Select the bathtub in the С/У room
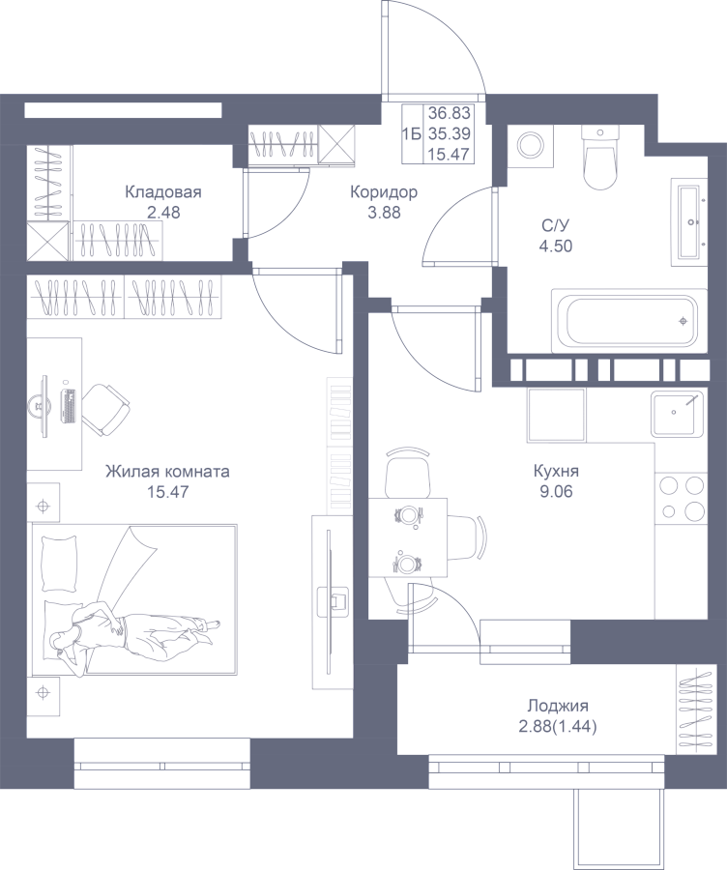(x=629, y=320)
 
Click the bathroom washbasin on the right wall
(x=690, y=222)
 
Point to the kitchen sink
(x=678, y=413)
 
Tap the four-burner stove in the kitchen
(x=682, y=497)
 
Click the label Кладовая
(x=163, y=192)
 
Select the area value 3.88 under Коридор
(x=384, y=213)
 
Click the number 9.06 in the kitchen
(x=556, y=492)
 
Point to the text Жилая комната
(x=167, y=472)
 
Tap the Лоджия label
(x=558, y=707)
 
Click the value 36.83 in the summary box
(x=450, y=113)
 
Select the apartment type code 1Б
(x=412, y=133)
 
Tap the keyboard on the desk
(x=69, y=406)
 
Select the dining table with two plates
(x=408, y=537)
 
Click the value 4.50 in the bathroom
(x=556, y=246)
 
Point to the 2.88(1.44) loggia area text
(x=558, y=727)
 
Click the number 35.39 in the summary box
(x=450, y=133)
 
